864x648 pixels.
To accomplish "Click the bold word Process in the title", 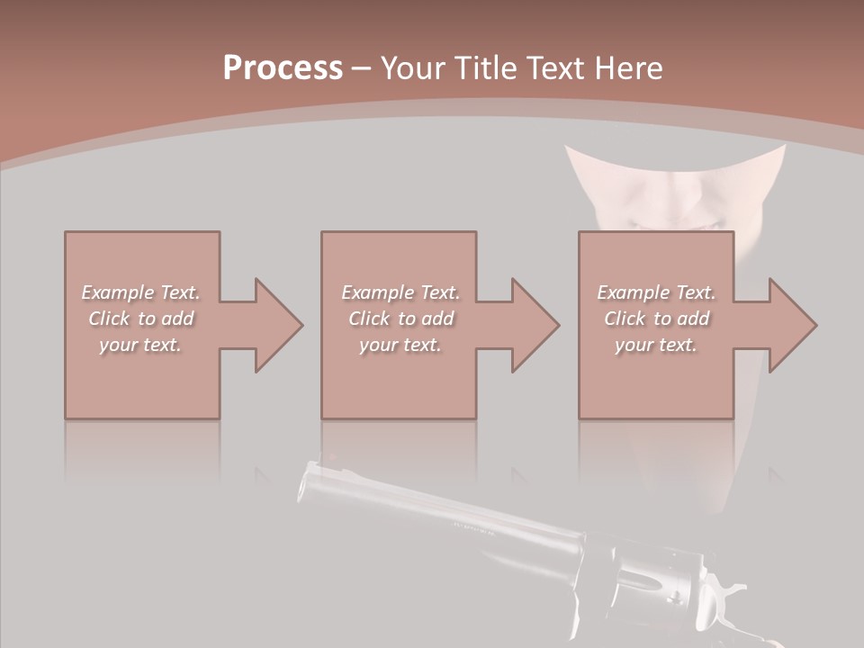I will (283, 68).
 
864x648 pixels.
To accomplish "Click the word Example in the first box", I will (118, 292).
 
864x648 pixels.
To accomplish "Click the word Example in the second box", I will (378, 292).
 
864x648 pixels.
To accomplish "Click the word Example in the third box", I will (634, 292).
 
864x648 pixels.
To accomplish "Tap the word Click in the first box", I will (109, 319).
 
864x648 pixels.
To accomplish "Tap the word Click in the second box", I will (369, 319).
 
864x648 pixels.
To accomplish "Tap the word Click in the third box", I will (625, 319).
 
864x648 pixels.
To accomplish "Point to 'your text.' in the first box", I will (140, 345).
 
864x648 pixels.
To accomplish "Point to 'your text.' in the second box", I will (400, 345).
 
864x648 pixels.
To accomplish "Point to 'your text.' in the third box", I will (656, 345).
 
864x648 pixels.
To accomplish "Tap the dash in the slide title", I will (361, 68).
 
